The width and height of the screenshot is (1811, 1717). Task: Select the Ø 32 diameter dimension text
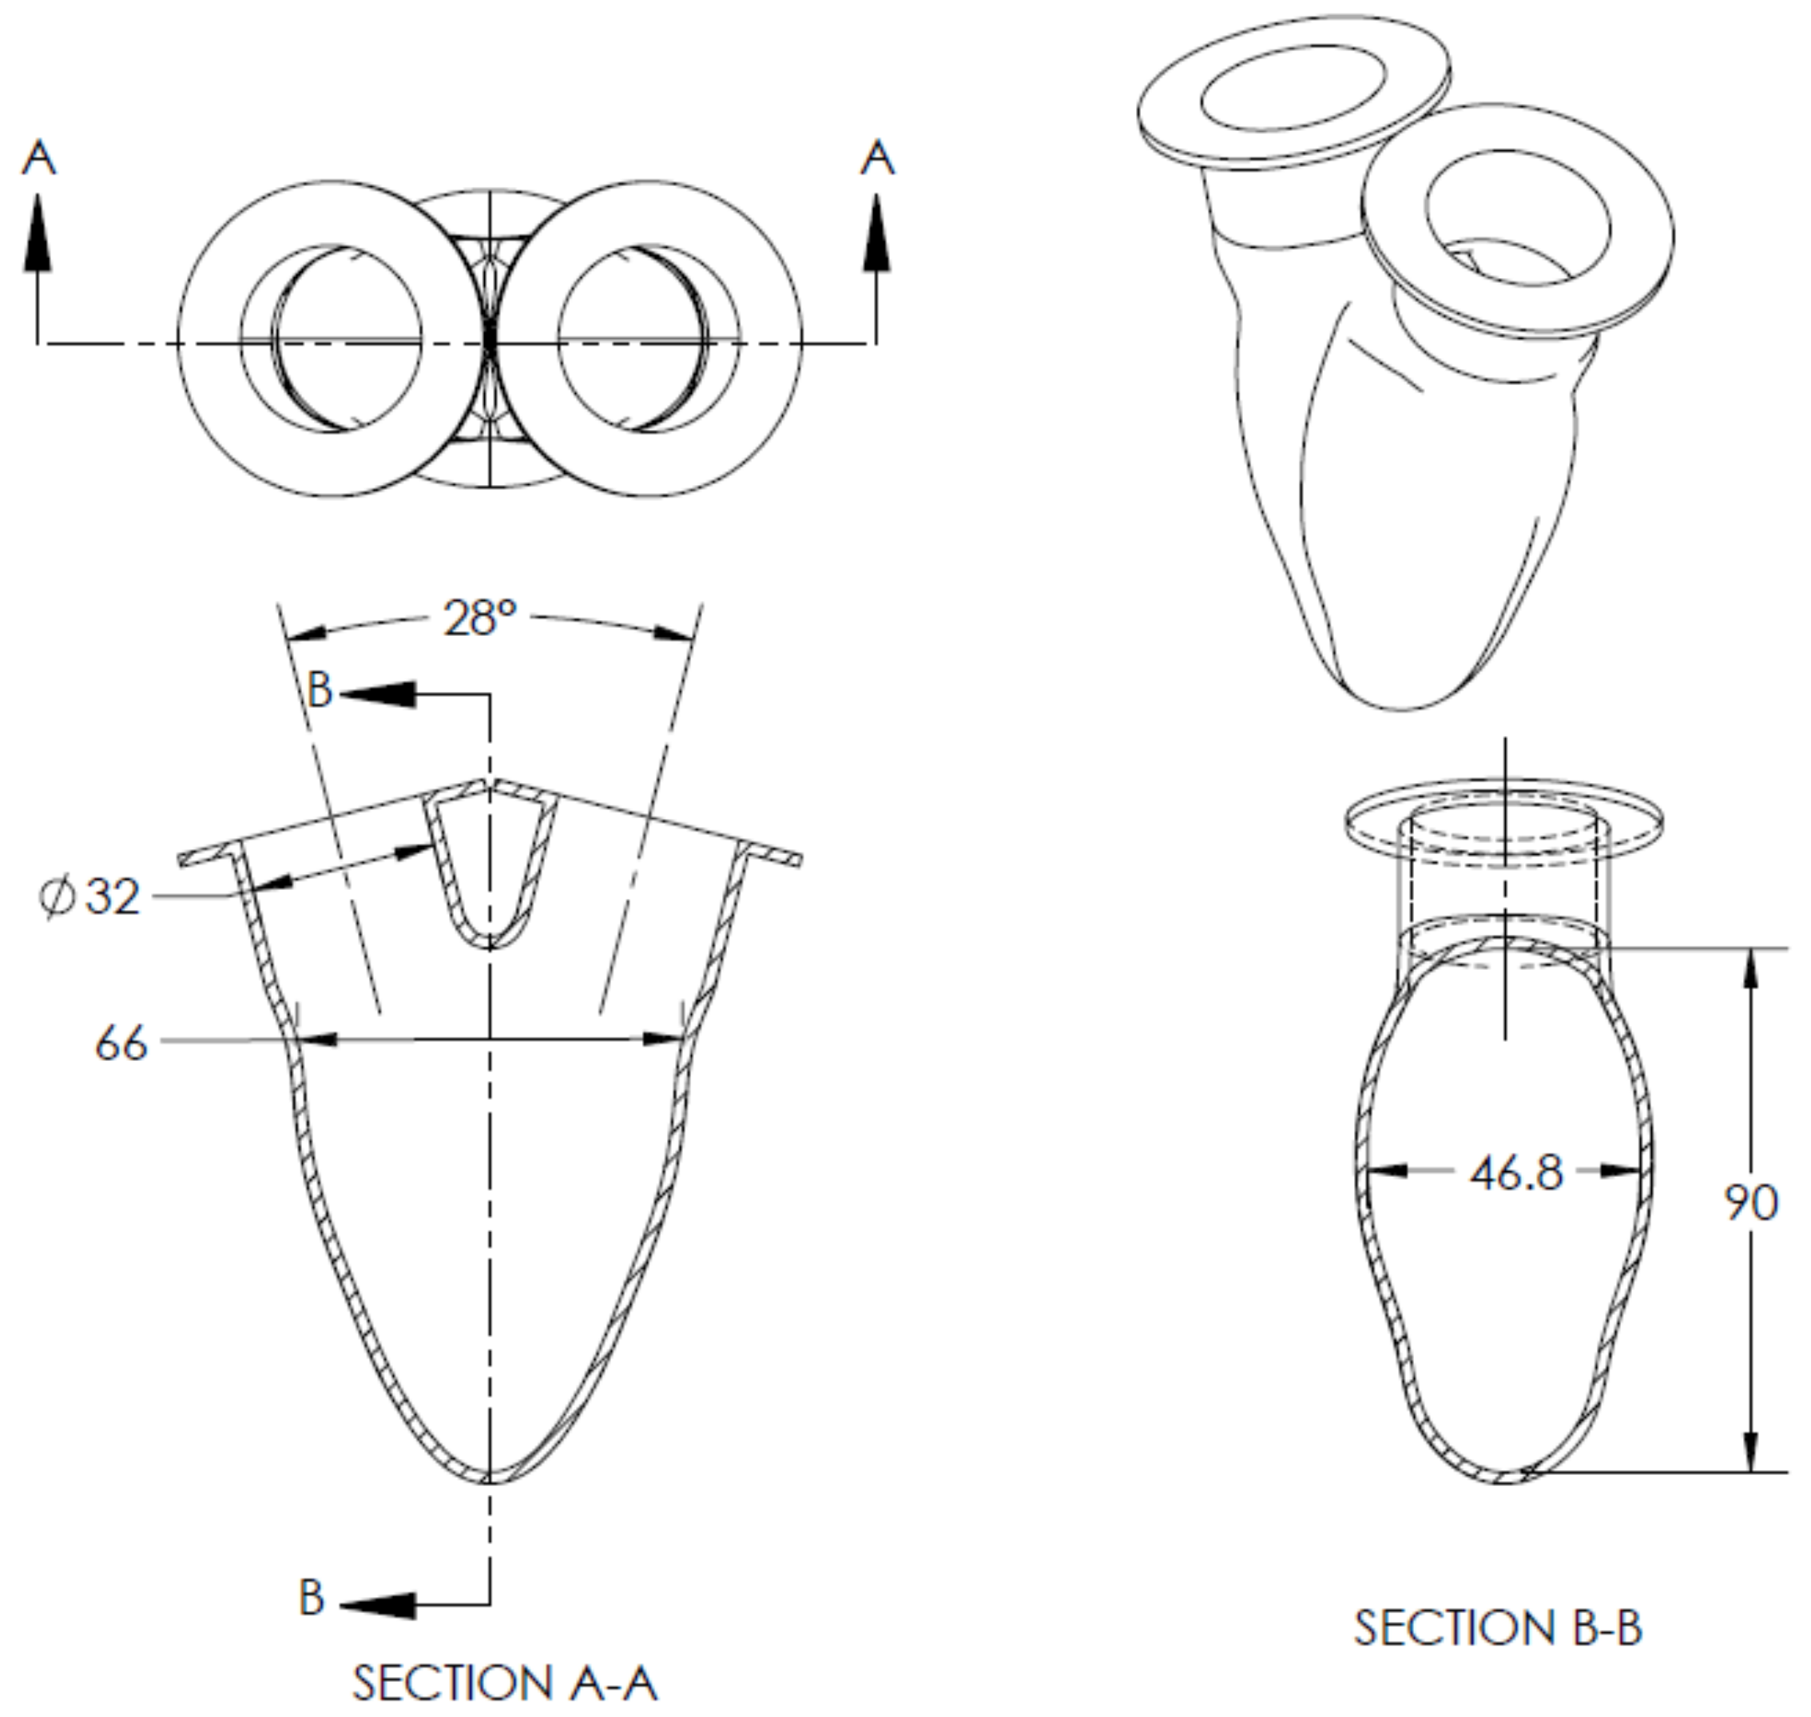pyautogui.click(x=92, y=897)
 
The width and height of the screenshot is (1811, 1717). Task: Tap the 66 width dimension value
pyautogui.click(x=121, y=1043)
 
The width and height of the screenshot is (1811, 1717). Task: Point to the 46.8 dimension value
pyautogui.click(x=1516, y=1174)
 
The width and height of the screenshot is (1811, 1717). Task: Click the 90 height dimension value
pyautogui.click(x=1750, y=1202)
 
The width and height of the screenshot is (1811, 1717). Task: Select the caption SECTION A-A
pyautogui.click(x=504, y=1682)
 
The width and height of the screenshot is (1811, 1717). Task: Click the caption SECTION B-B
pyautogui.click(x=1498, y=1628)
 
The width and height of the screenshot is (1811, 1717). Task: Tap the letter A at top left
pyautogui.click(x=38, y=158)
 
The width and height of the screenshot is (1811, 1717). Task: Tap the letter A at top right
pyautogui.click(x=876, y=158)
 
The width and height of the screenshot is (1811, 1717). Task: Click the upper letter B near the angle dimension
pyautogui.click(x=320, y=690)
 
